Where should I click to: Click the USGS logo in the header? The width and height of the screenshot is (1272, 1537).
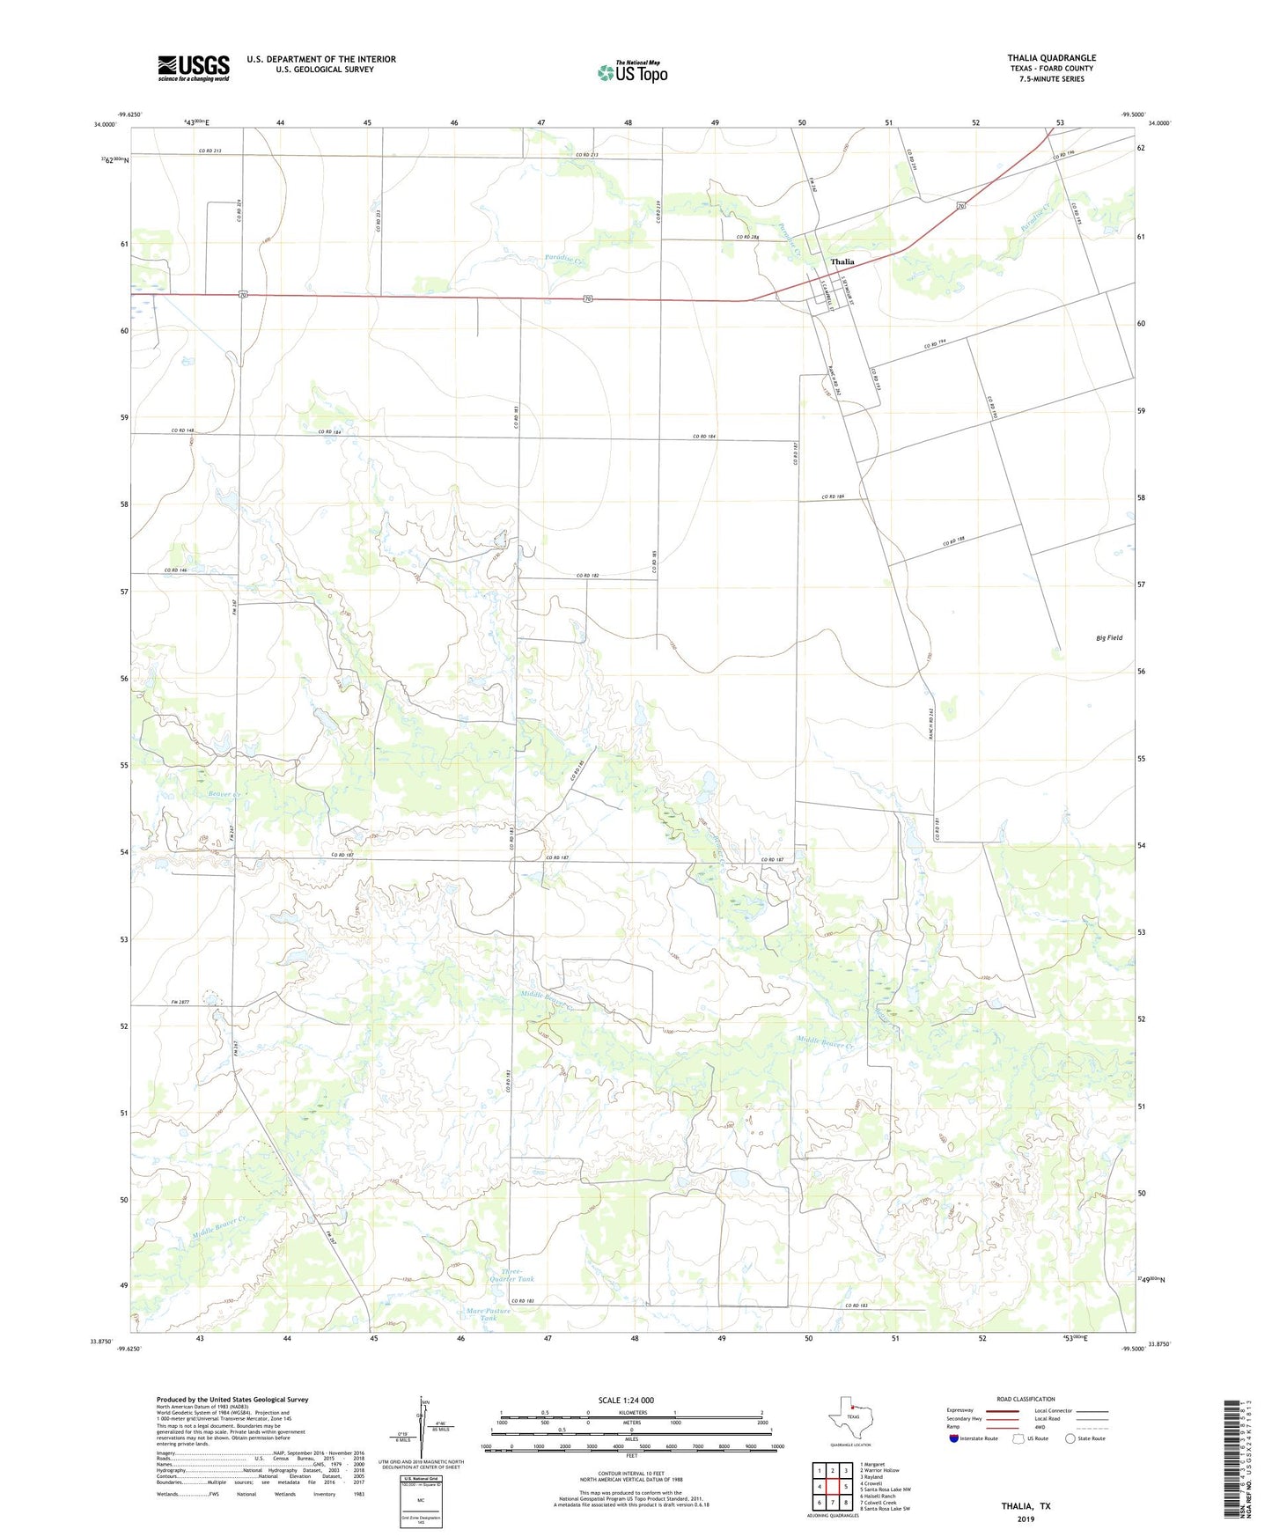coord(194,68)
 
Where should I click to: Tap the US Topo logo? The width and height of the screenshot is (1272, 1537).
coord(632,72)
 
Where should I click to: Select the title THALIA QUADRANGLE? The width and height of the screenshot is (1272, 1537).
coord(1051,58)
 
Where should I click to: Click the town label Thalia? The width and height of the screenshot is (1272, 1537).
coord(842,261)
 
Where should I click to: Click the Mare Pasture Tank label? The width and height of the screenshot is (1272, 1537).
coord(489,1314)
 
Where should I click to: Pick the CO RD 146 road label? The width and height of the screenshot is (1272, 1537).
coord(175,570)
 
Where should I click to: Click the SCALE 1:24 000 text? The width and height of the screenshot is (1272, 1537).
coord(626,1400)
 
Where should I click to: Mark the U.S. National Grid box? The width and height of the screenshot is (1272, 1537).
coord(421,1482)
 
